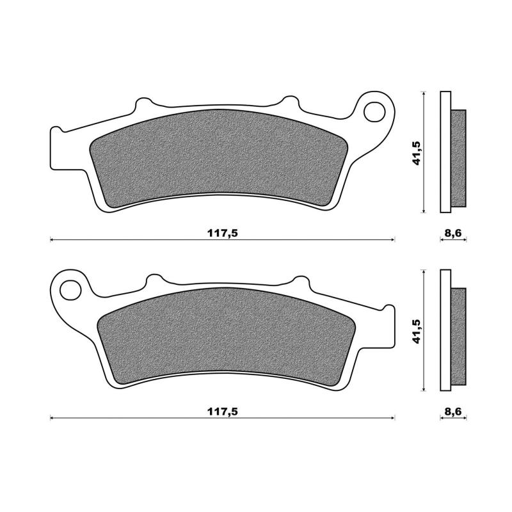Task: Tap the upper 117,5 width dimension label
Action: (x=222, y=233)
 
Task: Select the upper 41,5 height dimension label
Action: (x=416, y=152)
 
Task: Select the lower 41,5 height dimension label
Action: (x=416, y=331)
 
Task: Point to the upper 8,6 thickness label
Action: (x=453, y=233)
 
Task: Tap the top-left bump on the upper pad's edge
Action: (x=145, y=104)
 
